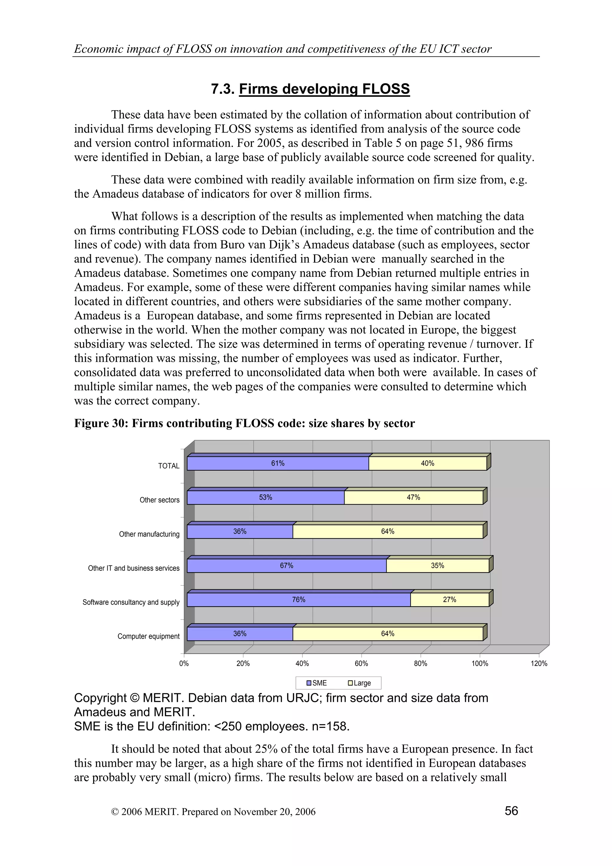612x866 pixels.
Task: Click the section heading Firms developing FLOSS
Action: [x=324, y=89]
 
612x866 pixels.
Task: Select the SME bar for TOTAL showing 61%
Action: [x=278, y=463]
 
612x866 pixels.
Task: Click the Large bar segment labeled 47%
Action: [x=413, y=498]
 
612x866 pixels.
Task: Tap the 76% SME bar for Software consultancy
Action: [x=298, y=600]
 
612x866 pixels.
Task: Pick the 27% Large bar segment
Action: [x=449, y=600]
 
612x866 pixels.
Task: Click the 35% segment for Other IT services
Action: [x=437, y=566]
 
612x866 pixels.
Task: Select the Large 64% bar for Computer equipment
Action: [x=387, y=634]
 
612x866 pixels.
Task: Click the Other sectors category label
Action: [x=160, y=500]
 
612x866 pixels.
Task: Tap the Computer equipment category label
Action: [x=149, y=636]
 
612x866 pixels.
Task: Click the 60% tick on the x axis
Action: [x=361, y=663]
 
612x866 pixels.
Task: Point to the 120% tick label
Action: [x=539, y=663]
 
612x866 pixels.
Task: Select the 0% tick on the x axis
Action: [x=184, y=663]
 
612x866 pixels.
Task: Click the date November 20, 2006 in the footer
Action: [x=275, y=812]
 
